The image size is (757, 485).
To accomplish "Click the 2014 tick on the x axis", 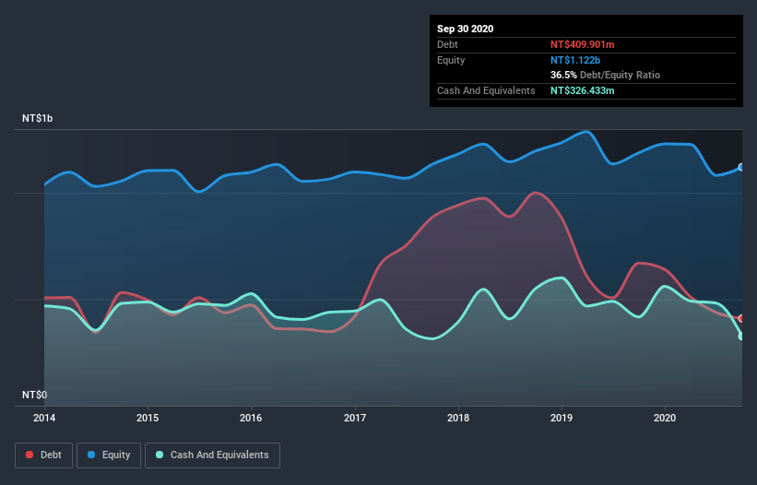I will [43, 417].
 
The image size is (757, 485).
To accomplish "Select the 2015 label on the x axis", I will [148, 417].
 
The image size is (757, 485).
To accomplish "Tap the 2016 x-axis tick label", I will [251, 417].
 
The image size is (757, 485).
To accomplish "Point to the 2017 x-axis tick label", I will [355, 417].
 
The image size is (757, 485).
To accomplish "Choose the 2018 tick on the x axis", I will [458, 417].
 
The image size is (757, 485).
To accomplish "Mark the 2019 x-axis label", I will [562, 417].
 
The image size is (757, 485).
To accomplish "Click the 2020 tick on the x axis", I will [665, 417].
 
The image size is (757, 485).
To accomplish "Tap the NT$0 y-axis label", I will [35, 395].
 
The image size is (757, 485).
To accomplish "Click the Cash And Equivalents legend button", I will [212, 455].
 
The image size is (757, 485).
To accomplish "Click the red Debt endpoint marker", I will [741, 318].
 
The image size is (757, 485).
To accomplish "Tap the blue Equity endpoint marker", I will [741, 167].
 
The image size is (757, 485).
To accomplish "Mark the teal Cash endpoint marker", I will [741, 336].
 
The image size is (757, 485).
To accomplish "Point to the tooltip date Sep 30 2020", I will [465, 29].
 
